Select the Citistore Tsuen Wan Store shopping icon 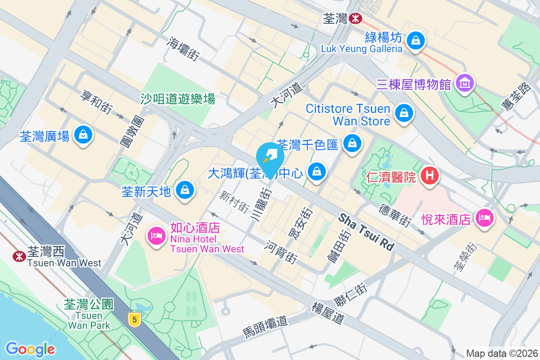(x=404, y=113)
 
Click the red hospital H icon (x=429, y=175)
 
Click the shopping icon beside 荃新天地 (x=185, y=190)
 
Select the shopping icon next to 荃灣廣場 (x=83, y=134)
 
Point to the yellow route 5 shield (x=133, y=319)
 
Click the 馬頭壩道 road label (x=265, y=327)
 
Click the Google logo (x=30, y=349)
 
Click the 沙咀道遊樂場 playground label (x=178, y=99)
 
